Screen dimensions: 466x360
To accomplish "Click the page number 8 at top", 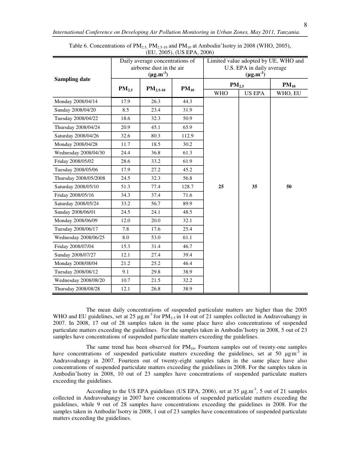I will pos(305,25).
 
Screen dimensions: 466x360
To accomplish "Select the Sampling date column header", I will pos(72,79).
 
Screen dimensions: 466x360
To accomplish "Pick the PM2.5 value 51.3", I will pos(125,186).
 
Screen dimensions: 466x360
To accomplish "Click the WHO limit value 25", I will pos(221,186).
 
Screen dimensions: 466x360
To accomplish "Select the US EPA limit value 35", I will pos(254,186).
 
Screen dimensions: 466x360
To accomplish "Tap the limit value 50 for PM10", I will pos(289,186).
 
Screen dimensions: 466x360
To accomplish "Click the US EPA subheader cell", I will pos(254,93).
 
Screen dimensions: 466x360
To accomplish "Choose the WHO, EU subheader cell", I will pos(289,93).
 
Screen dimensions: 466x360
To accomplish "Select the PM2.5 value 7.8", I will pos(125,229).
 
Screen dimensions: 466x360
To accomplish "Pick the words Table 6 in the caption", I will pos(79,46).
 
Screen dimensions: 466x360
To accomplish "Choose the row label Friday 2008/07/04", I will pos(72,246).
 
